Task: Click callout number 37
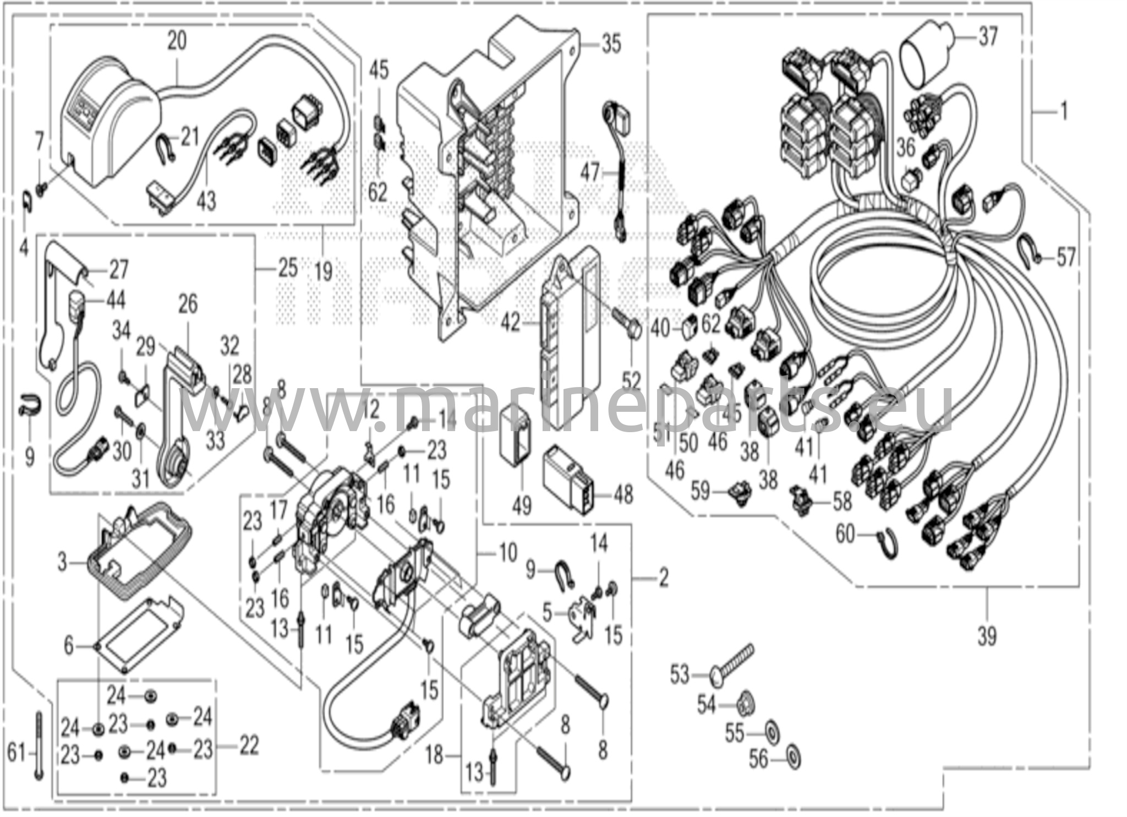988,38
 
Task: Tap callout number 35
610,43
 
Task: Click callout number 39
987,636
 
